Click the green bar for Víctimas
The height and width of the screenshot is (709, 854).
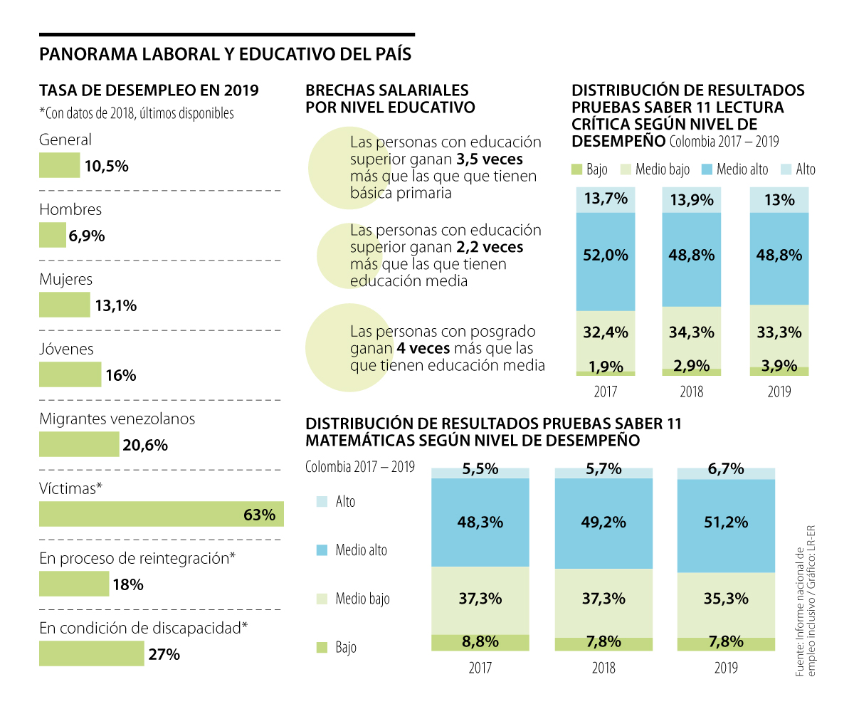point(161,514)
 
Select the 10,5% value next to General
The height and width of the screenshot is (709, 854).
point(106,167)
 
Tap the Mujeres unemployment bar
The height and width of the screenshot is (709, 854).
point(64,305)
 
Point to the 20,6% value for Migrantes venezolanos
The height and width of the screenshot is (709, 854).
point(145,446)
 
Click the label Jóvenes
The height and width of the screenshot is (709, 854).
point(66,350)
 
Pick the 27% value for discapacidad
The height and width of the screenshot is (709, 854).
point(164,654)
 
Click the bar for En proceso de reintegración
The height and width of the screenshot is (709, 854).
point(74,584)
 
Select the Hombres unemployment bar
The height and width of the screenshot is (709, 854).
point(52,236)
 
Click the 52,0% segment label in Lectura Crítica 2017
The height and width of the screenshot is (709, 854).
point(606,254)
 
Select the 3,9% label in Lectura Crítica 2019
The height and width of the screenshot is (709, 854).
point(780,367)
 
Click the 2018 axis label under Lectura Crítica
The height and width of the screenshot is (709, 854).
point(692,392)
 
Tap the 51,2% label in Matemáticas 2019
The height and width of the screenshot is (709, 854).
point(726,522)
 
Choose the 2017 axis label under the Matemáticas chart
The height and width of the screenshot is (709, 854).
point(480,668)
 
